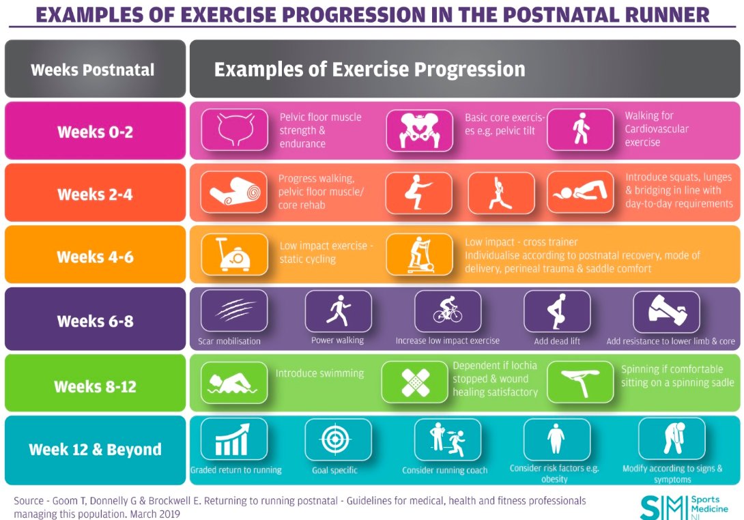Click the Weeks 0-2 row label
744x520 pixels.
pyautogui.click(x=95, y=131)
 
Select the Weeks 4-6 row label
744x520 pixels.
pyautogui.click(x=95, y=257)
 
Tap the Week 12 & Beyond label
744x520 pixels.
pyautogui.click(x=95, y=450)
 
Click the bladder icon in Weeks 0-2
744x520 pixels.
pyautogui.click(x=233, y=130)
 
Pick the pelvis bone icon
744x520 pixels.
pyautogui.click(x=419, y=130)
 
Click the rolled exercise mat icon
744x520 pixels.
pyautogui.click(x=233, y=192)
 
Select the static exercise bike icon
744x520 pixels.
pyautogui.click(x=233, y=255)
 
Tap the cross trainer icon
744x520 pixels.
pyautogui.click(x=419, y=255)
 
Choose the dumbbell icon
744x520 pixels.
pyautogui.click(x=666, y=312)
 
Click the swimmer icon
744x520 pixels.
pyautogui.click(x=233, y=382)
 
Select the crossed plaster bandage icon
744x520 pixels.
pyautogui.click(x=414, y=382)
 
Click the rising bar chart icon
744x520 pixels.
pyautogui.click(x=233, y=439)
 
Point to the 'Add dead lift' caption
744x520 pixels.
pyautogui.click(x=557, y=341)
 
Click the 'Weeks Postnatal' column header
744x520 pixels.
pyautogui.click(x=93, y=70)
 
